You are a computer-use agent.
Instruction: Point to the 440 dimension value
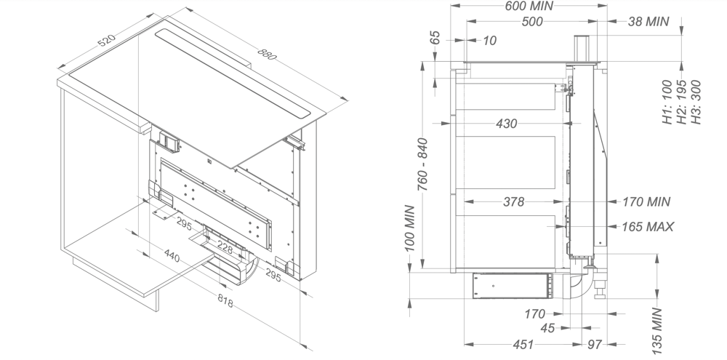click(172, 256)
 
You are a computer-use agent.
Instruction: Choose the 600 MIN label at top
click(530, 6)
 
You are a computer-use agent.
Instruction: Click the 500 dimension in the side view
click(532, 22)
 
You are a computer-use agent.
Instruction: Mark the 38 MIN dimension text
click(647, 22)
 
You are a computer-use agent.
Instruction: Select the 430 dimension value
click(506, 124)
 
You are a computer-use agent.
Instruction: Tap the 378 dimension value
click(513, 202)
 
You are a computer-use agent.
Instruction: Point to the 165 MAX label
click(647, 227)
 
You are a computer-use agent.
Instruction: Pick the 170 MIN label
click(646, 202)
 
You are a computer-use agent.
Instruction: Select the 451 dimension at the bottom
click(522, 344)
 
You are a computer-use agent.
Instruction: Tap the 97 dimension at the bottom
click(594, 344)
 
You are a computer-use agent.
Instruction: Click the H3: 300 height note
click(696, 103)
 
